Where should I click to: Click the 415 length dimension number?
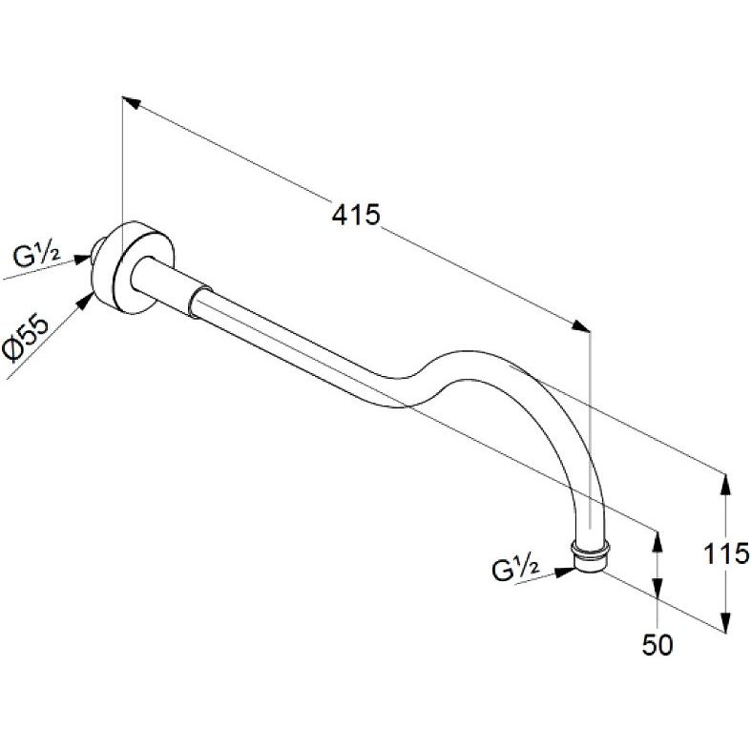click(355, 215)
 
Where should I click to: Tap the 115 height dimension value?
click(725, 553)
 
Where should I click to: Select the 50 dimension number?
click(657, 645)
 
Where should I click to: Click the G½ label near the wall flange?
click(37, 257)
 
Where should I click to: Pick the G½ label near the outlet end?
click(516, 569)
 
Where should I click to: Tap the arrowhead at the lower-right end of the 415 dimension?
click(580, 325)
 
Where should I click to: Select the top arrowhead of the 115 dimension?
click(726, 484)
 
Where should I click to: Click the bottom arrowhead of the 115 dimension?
click(726, 621)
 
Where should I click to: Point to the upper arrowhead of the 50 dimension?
click(657, 542)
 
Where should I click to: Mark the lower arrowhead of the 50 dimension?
click(657, 587)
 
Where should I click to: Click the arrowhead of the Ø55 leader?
click(85, 301)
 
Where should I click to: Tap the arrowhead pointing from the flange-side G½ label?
click(82, 260)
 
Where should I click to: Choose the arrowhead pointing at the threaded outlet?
click(564, 572)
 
